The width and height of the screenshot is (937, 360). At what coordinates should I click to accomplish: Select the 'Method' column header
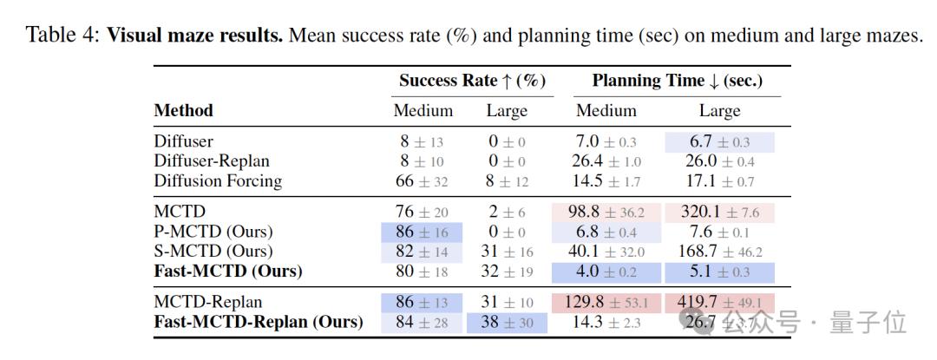(x=183, y=111)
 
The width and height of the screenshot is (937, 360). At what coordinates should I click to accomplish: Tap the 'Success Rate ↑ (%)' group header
(x=472, y=81)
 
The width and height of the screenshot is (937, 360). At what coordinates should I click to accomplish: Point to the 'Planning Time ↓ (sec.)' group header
(x=677, y=81)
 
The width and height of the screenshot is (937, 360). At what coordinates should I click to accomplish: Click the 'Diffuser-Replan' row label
(x=212, y=160)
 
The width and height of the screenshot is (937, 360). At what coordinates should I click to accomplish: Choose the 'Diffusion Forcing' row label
(x=218, y=180)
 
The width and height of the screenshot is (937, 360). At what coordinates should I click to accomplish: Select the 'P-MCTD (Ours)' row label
(x=213, y=232)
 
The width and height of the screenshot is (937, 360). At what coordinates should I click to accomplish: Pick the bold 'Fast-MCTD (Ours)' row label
(x=228, y=272)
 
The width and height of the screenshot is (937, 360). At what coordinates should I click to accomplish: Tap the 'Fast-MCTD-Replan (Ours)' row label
(x=258, y=322)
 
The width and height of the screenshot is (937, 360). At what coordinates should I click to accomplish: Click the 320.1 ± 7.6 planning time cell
(x=719, y=213)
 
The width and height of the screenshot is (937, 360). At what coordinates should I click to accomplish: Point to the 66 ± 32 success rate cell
(x=423, y=181)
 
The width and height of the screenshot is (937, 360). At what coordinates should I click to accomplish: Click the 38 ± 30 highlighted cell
(x=507, y=323)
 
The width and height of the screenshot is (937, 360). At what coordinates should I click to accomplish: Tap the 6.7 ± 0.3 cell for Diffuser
(x=719, y=141)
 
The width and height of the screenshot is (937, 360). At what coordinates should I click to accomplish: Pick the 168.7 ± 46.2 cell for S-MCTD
(x=719, y=252)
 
